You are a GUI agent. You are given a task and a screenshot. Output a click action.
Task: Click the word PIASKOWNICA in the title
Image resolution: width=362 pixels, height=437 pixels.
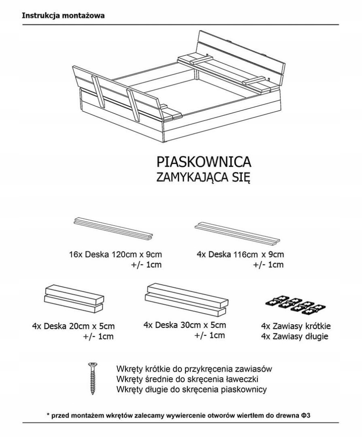(204, 162)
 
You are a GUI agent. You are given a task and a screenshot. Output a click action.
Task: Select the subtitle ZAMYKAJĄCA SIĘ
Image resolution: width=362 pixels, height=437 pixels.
(204, 178)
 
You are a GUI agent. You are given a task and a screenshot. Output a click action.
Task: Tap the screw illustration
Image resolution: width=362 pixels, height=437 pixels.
(92, 379)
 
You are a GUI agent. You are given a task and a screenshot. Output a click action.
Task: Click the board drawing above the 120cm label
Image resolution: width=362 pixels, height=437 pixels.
(114, 228)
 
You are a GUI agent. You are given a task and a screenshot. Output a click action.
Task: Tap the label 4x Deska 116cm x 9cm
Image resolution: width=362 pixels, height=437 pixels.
(240, 255)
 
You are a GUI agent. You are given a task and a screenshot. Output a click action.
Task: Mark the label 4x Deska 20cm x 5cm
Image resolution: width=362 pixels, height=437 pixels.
(73, 326)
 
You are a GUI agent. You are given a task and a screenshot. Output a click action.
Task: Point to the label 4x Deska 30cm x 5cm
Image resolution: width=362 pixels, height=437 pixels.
(185, 325)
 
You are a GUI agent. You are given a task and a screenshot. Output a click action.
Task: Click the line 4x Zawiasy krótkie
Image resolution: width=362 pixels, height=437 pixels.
(297, 326)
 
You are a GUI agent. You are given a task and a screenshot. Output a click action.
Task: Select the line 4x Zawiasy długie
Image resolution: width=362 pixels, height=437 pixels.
(294, 336)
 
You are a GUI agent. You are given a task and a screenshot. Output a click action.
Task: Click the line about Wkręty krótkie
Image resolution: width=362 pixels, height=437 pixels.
(194, 369)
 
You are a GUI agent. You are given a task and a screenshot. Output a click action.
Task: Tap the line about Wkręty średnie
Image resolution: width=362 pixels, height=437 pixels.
(187, 379)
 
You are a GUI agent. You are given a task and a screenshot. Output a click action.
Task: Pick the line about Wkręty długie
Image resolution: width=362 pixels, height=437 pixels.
(191, 390)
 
